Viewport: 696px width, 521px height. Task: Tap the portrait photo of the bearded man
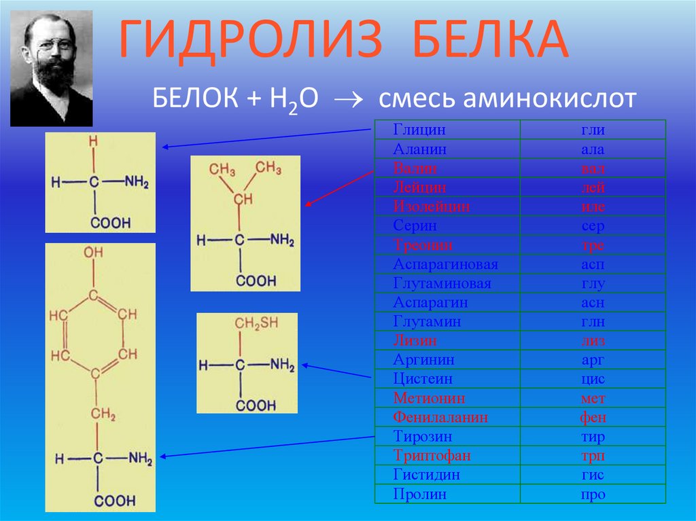point(52,69)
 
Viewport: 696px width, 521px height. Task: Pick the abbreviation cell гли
point(593,130)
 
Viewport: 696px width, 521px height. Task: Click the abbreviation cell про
point(593,495)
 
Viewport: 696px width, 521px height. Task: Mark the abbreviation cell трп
point(593,455)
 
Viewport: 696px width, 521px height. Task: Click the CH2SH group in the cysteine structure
point(257,324)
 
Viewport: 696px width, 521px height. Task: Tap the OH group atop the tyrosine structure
point(94,253)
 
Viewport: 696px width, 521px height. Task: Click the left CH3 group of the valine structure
point(222,168)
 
